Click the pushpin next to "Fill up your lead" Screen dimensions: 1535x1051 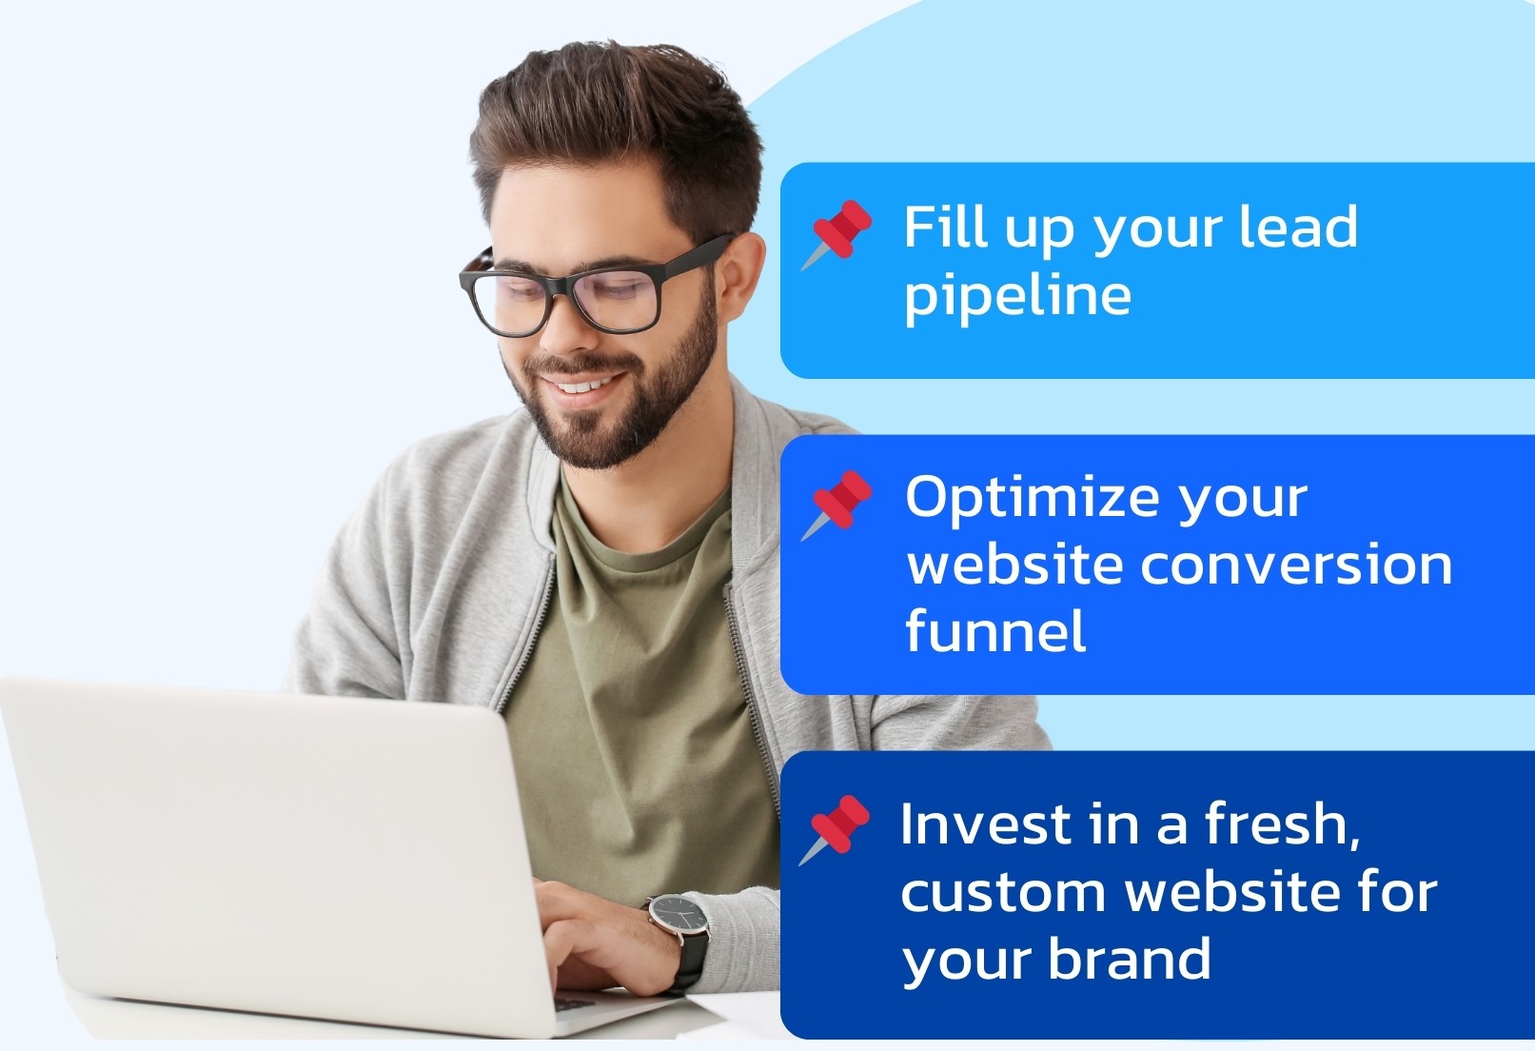coord(837,234)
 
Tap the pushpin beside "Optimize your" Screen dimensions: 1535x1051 coord(837,506)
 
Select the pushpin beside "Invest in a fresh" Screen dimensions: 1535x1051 coord(836,829)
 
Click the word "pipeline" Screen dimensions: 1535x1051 coord(1017,295)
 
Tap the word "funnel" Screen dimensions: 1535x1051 coord(995,628)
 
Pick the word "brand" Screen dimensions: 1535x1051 coord(1130,958)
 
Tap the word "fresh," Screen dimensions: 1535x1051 coord(1283,823)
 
